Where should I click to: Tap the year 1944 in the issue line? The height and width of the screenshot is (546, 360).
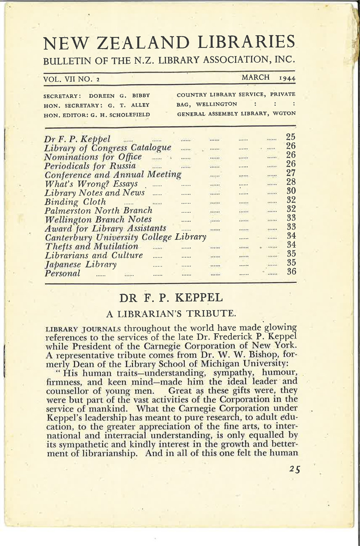[287, 77]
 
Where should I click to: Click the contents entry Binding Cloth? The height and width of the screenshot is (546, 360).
[75, 202]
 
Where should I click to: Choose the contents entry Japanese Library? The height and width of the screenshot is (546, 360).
[80, 265]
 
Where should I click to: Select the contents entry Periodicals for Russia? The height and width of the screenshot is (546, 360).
[90, 166]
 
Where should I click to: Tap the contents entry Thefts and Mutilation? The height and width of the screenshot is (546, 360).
[91, 247]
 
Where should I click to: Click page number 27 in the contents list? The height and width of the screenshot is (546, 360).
[291, 173]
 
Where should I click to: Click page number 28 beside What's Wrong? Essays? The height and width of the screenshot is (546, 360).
[291, 182]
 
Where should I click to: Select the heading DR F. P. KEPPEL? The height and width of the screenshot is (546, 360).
[171, 298]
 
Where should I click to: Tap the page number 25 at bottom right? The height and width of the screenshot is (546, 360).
[294, 470]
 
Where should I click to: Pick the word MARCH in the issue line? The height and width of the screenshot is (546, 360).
[256, 77]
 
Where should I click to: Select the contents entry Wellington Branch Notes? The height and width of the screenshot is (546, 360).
[98, 220]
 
